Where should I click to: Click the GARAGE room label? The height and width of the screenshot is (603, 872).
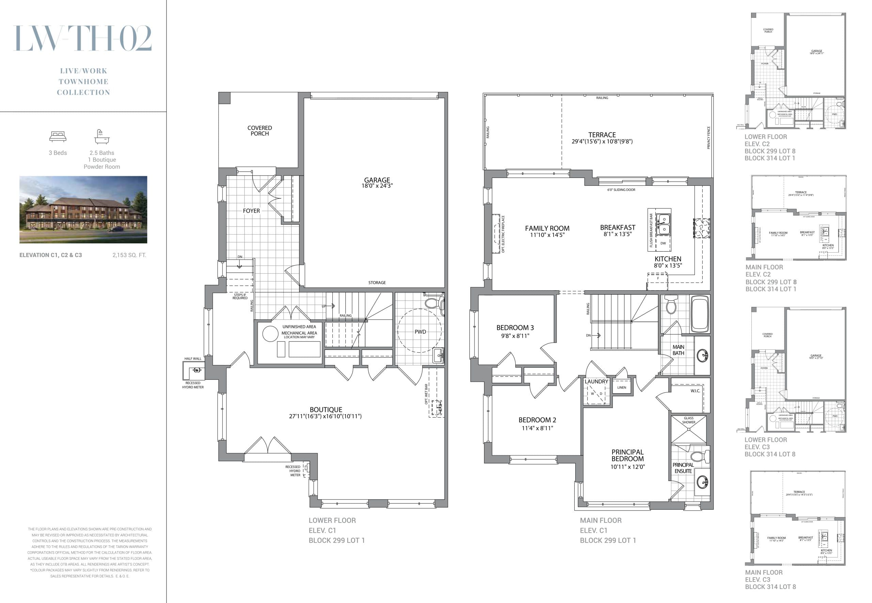pos(377,180)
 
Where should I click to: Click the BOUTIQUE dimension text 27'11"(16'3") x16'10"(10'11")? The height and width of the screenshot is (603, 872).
pos(325,416)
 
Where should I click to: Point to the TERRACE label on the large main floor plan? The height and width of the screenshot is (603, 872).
pos(602,135)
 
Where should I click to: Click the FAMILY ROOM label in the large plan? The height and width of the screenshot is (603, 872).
pos(547,228)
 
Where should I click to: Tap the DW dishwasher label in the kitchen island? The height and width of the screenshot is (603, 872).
pos(663,243)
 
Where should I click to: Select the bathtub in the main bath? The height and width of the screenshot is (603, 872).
pos(700,314)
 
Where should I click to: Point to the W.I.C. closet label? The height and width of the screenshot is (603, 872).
pos(695,391)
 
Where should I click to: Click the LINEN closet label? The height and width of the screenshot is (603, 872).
pos(621,387)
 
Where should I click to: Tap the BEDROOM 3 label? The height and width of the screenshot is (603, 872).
pos(515,328)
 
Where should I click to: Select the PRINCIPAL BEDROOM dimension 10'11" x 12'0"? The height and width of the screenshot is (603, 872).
pos(627,467)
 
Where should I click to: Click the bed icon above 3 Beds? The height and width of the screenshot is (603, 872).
pos(58,136)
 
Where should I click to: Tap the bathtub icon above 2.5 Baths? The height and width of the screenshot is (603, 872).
pos(102,137)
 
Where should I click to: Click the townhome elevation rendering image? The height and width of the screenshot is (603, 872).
pos(83,209)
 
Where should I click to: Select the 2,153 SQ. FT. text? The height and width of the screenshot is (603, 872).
pos(129,255)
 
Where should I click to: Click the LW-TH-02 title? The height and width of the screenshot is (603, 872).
pos(83,38)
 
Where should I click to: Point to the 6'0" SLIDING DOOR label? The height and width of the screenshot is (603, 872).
pos(621,190)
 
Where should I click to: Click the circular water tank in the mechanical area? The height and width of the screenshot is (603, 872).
pos(270,334)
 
